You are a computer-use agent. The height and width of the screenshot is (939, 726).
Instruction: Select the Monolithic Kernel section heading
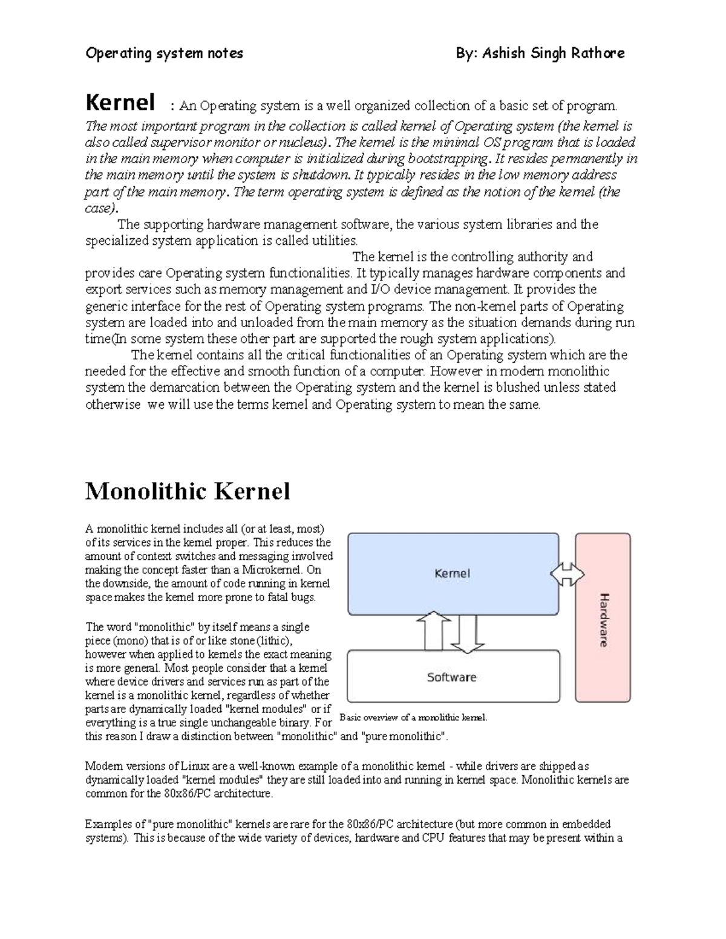[188, 491]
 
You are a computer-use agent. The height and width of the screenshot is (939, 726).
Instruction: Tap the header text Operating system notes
[164, 54]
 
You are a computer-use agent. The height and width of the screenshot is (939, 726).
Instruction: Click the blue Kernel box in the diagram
[453, 573]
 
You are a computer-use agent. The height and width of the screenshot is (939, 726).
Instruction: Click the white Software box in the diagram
[453, 677]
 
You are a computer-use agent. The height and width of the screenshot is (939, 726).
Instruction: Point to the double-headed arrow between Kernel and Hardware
[567, 574]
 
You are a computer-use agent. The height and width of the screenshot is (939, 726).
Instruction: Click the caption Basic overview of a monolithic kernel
[414, 718]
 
